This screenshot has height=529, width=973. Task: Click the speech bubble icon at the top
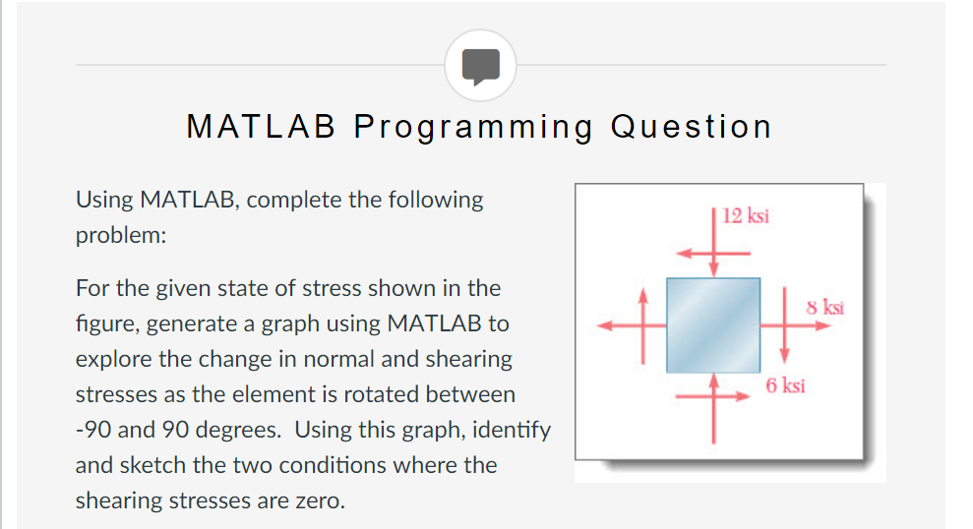click(480, 65)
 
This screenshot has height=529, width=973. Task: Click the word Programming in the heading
click(473, 127)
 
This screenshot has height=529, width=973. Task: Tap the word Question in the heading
click(691, 127)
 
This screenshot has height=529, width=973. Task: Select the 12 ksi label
click(745, 215)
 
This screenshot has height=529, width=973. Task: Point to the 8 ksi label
click(824, 308)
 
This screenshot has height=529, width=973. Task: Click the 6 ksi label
click(785, 385)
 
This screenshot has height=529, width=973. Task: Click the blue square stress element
click(713, 324)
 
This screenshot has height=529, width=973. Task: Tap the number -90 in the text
click(93, 430)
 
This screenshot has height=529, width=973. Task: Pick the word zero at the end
click(319, 500)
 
